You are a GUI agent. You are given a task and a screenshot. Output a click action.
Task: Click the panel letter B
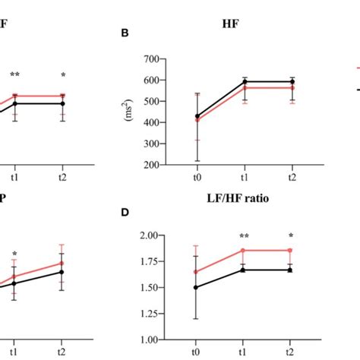pos(126,33)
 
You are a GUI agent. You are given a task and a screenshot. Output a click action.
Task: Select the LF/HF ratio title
pos(245,200)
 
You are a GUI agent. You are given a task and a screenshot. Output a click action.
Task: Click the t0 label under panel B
pos(197,177)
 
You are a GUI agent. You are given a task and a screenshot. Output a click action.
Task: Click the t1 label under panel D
pos(244,352)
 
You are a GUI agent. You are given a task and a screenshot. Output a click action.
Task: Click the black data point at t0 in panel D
pos(197,288)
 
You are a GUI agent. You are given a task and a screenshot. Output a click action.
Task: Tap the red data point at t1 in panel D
pos(244,251)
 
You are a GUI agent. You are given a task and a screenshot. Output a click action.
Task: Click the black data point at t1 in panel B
pos(244,82)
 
